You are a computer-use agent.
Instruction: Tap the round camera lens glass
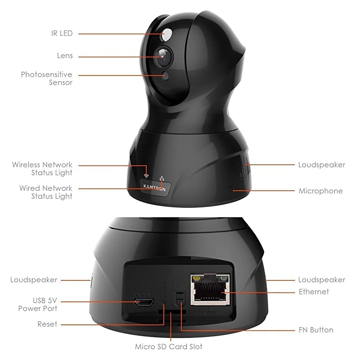[163, 56]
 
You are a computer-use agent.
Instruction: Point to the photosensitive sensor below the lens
[165, 76]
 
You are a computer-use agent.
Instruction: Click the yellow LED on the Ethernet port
[196, 279]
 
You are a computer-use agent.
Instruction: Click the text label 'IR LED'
[62, 33]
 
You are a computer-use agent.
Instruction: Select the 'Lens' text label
[64, 56]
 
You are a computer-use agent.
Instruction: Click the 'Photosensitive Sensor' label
[47, 78]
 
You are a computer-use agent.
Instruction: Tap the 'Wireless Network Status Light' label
[42, 169]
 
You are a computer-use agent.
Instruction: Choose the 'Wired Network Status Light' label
[45, 192]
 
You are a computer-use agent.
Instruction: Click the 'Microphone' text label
[320, 191]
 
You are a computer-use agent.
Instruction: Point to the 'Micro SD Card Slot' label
[169, 346]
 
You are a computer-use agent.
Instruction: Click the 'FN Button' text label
[316, 330]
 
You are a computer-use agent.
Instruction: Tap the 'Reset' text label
[47, 324]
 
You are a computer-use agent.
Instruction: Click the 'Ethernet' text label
[314, 292]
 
